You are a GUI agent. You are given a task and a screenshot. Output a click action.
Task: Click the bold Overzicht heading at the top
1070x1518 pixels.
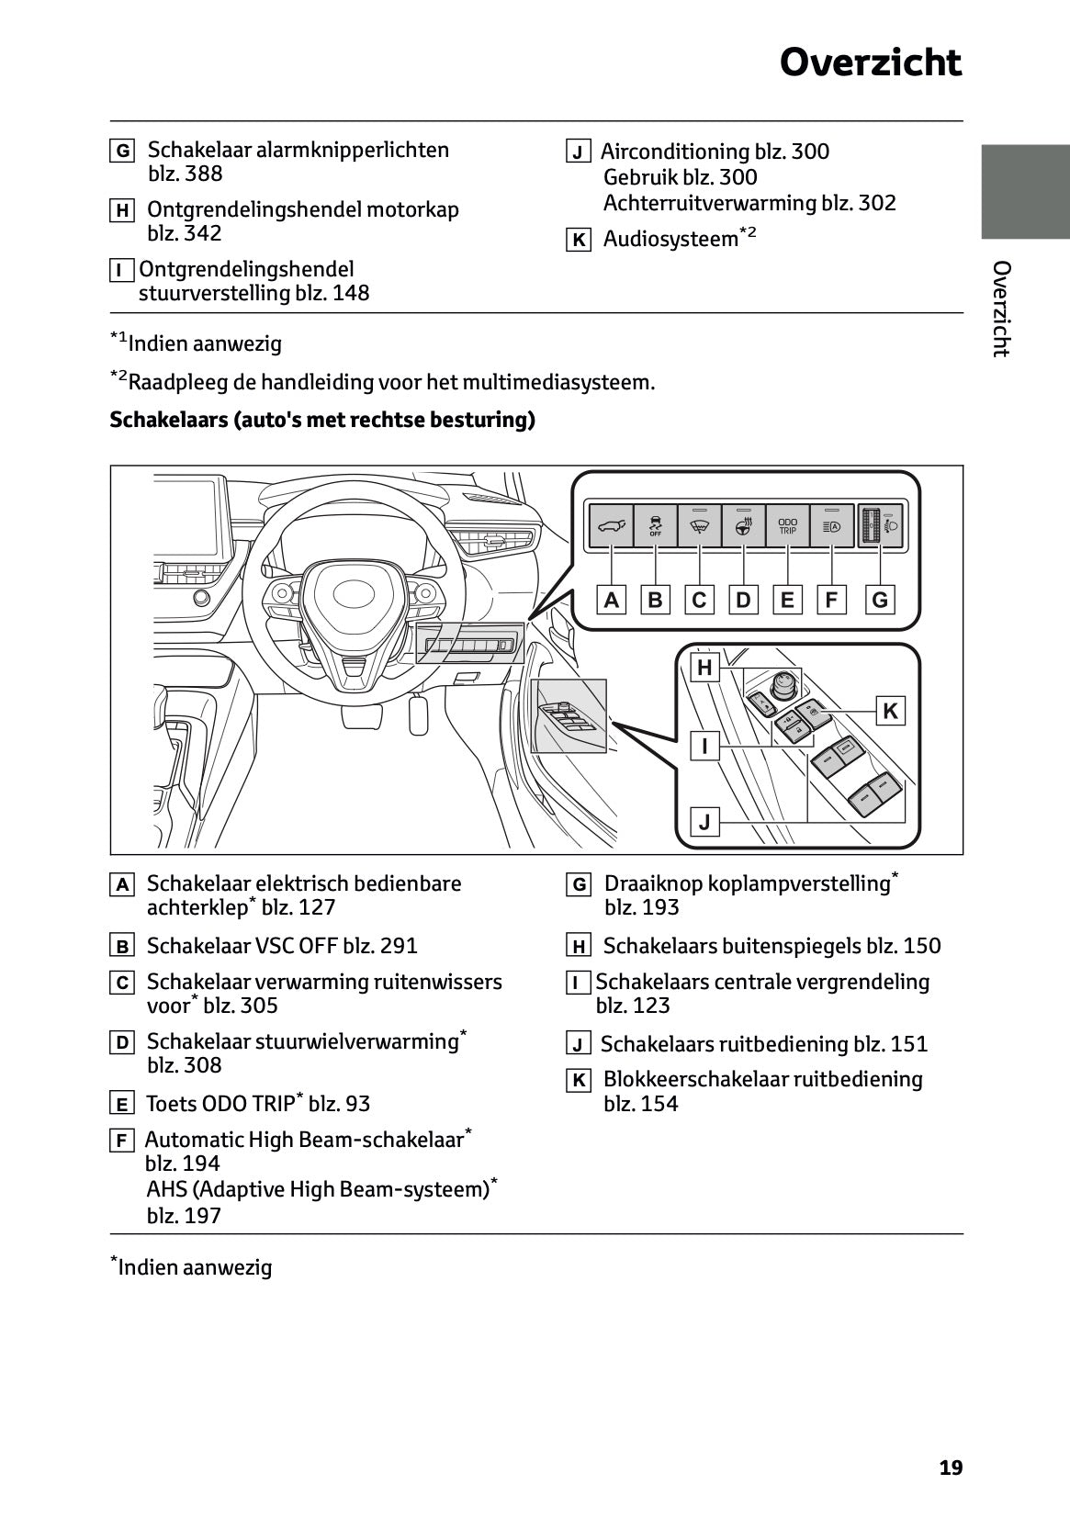click(870, 62)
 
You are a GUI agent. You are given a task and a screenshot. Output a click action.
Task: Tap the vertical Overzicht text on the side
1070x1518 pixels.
click(1002, 309)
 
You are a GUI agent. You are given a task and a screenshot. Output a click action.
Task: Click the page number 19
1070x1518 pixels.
click(951, 1467)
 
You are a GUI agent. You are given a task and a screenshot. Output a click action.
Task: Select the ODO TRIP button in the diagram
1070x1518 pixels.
click(787, 526)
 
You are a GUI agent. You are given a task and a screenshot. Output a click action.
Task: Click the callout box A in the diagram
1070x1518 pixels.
click(611, 600)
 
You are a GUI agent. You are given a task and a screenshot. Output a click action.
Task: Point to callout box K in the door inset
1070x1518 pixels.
click(890, 711)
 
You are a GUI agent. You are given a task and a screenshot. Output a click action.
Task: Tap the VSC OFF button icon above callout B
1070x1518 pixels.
click(655, 526)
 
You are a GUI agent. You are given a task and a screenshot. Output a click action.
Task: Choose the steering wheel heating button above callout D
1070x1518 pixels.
click(743, 526)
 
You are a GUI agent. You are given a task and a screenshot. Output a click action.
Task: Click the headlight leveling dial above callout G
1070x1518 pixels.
click(880, 526)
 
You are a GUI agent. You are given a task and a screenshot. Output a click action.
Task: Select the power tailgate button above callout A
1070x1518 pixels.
click(611, 526)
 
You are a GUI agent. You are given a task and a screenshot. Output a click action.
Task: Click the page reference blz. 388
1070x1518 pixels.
click(185, 174)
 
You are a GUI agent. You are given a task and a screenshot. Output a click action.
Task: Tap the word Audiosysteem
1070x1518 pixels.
click(670, 240)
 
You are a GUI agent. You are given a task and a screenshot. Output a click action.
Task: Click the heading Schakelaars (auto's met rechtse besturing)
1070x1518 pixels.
click(322, 421)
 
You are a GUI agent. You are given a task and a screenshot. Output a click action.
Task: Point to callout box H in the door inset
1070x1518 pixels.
click(704, 668)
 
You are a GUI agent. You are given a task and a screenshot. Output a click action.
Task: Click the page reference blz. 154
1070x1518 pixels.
click(641, 1103)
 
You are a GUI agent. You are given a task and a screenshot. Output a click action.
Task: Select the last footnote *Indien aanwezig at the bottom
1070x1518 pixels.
click(192, 1267)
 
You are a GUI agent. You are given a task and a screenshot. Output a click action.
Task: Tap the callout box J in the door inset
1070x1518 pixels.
click(704, 821)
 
